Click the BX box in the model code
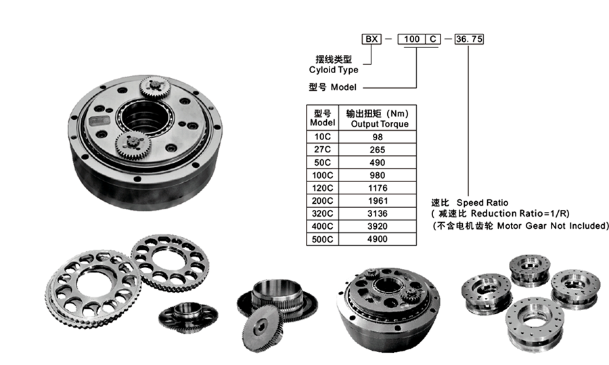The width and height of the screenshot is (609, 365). [x=371, y=39]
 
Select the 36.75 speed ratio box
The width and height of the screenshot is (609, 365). [x=469, y=39]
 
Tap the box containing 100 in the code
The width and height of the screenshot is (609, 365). [x=411, y=39]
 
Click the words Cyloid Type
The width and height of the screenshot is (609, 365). [x=334, y=70]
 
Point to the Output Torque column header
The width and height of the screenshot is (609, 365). [x=380, y=124]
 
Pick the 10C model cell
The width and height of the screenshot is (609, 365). [x=322, y=137]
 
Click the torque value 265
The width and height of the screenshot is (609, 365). [x=378, y=150]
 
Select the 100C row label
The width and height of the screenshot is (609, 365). [x=322, y=175]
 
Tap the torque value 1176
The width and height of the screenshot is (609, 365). [x=378, y=188]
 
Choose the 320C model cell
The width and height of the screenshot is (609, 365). [x=322, y=213]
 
